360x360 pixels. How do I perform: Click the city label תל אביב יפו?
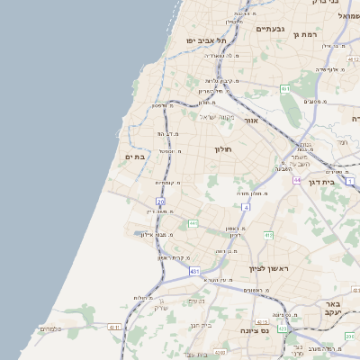[x=206, y=40]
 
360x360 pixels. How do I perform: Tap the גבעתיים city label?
[x=270, y=29]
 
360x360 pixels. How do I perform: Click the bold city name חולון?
[x=223, y=148]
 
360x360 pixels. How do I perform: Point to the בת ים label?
[x=135, y=157]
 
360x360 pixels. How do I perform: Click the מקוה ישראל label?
[x=216, y=117]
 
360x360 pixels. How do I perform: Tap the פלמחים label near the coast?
[x=50, y=329]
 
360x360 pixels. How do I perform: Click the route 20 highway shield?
[x=161, y=202]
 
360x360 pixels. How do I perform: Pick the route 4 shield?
[x=246, y=207]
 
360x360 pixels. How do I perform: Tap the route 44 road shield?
[x=296, y=180]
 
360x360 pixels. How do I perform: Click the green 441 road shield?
[x=193, y=223]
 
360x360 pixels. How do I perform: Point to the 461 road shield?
[x=284, y=89]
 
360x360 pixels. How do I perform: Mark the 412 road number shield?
[x=268, y=235]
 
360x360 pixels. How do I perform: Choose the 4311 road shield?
[x=113, y=328]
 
